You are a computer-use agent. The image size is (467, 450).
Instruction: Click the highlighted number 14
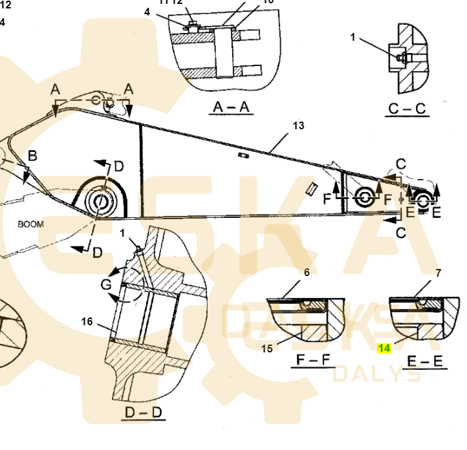384,348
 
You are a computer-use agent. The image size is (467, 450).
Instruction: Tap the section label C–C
408,108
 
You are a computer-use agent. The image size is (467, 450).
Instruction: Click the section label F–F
308,359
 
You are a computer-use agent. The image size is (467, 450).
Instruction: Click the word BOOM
30,224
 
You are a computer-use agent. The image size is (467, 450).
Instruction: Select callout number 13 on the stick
298,125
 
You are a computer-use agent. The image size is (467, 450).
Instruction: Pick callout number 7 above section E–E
438,273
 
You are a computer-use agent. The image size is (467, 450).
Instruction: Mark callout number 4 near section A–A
147,12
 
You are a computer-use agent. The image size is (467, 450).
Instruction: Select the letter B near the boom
32,155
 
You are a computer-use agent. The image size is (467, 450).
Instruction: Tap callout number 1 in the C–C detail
353,37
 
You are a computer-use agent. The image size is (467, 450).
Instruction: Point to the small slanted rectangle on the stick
310,187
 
